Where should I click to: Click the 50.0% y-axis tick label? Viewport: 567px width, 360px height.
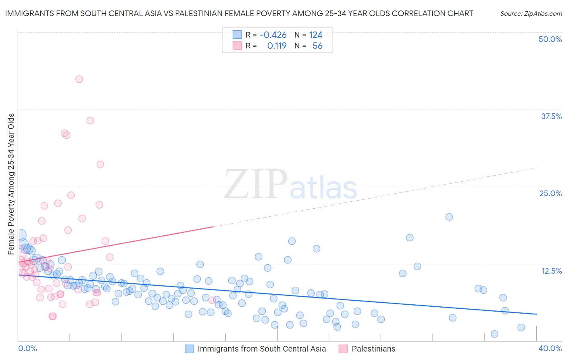[550, 39]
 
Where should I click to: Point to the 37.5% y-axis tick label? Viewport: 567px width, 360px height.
[551, 116]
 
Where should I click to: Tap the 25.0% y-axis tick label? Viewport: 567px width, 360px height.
[550, 193]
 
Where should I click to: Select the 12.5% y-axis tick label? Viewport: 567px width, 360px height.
[551, 271]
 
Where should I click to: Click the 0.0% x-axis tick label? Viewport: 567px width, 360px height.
[27, 348]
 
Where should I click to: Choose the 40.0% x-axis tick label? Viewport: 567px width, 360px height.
[550, 348]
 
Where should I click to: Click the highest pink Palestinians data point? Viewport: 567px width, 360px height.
[79, 79]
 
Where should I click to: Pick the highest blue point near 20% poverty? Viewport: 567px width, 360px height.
[449, 217]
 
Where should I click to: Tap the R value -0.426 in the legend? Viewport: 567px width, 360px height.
[273, 35]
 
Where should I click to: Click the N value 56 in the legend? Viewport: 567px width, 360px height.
[317, 46]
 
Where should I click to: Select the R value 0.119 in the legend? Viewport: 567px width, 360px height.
[277, 46]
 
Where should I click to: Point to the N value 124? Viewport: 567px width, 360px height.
[316, 35]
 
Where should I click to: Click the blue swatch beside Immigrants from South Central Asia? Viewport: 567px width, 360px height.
[190, 349]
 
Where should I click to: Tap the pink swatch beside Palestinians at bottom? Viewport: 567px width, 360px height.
[343, 349]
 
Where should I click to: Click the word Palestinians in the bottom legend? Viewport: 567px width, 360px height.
[373, 349]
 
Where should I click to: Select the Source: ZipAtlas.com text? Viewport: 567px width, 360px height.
[531, 13]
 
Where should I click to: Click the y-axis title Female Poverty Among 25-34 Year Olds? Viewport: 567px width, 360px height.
[11, 184]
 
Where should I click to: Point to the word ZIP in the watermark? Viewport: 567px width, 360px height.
[255, 184]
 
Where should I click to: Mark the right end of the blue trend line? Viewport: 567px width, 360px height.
[536, 314]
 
